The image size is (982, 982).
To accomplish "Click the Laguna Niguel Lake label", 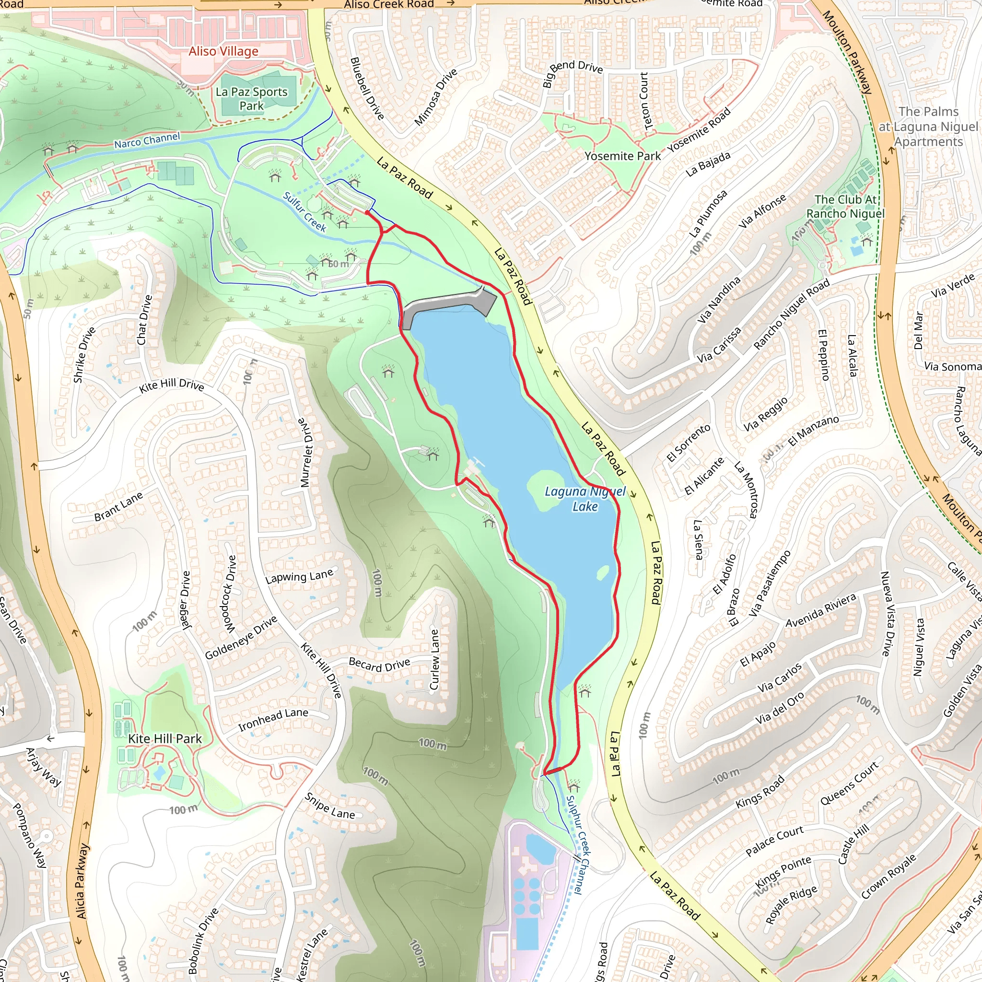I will pyautogui.click(x=585, y=499).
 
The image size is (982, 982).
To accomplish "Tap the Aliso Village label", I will pyautogui.click(x=223, y=51).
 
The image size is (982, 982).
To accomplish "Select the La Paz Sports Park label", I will pyautogui.click(x=252, y=99).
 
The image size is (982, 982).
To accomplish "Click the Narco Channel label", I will pyautogui.click(x=147, y=140).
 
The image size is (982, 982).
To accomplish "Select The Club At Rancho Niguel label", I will pyautogui.click(x=845, y=206).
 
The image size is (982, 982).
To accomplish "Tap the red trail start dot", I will pyautogui.click(x=367, y=213).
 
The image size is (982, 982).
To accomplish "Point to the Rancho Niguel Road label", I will pyautogui.click(x=791, y=315).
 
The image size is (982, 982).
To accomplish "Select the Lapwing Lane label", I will pyautogui.click(x=299, y=576).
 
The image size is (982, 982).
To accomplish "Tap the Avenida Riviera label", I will pyautogui.click(x=821, y=610).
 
